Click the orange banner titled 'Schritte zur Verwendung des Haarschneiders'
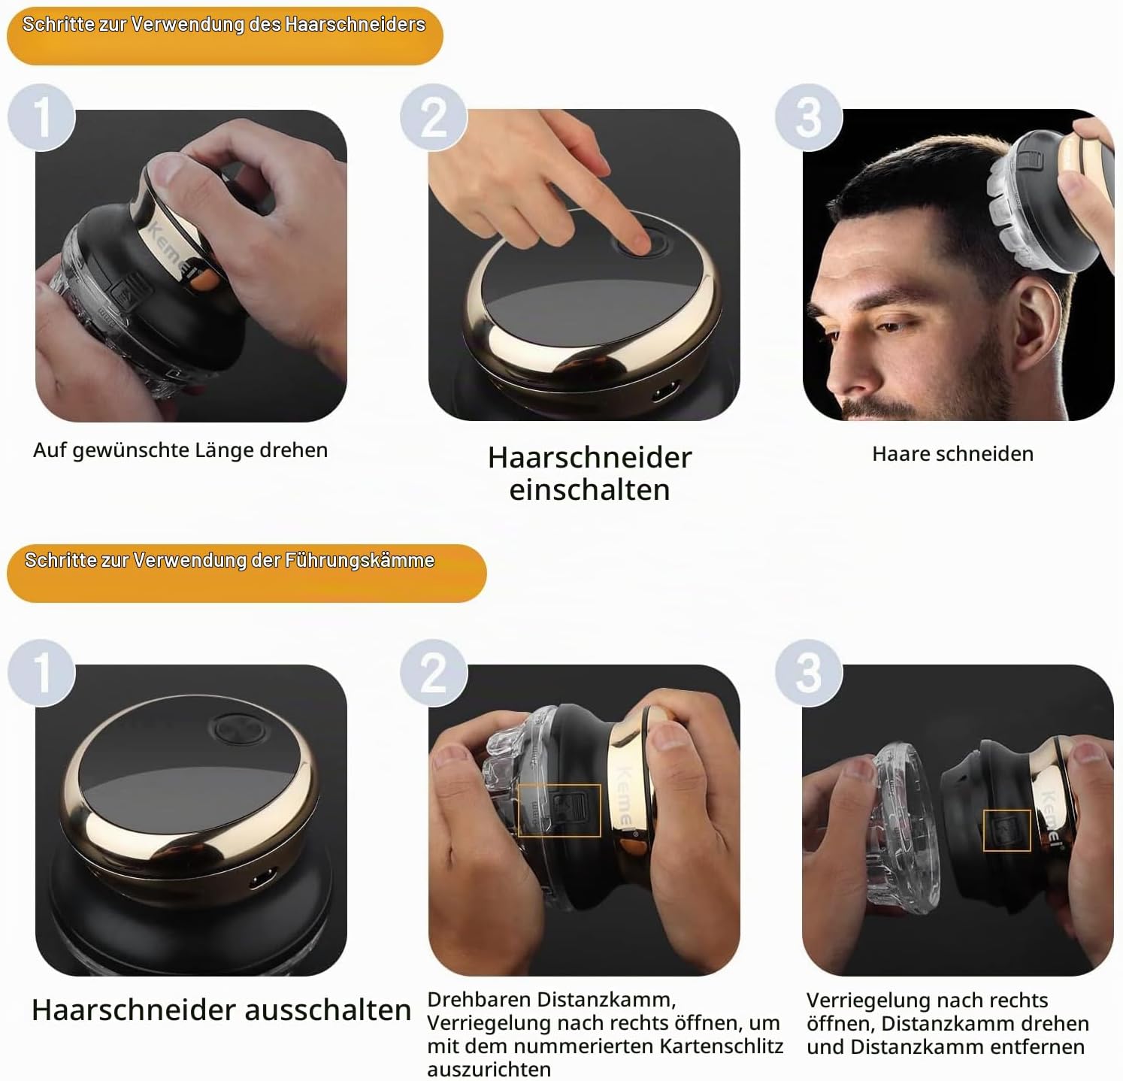[x=225, y=35]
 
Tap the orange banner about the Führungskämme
[x=247, y=573]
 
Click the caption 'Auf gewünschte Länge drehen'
[x=180, y=450]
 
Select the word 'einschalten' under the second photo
[x=589, y=490]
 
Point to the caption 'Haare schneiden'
[x=952, y=454]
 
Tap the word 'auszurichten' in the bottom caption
[x=489, y=1069]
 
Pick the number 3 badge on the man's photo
[x=809, y=117]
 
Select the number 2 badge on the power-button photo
[x=434, y=117]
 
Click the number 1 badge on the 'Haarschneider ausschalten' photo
[x=41, y=672]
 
